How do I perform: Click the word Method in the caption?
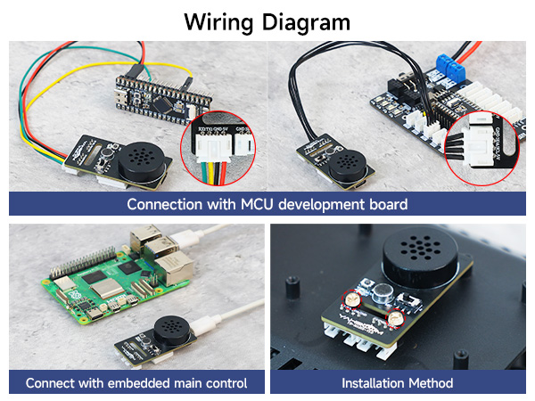(435, 384)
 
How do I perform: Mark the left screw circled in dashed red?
(356, 300)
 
